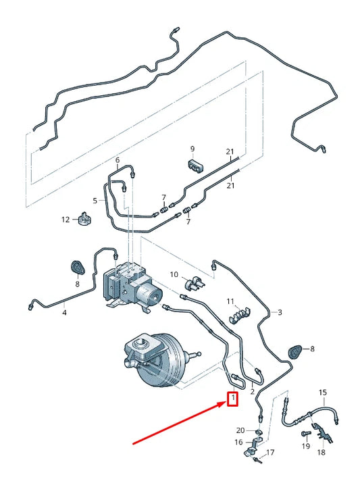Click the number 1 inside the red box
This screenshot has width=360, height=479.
(x=232, y=399)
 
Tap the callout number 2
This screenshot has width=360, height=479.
(x=252, y=392)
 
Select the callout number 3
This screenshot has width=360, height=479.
(x=280, y=312)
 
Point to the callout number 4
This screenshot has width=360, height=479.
(x=65, y=312)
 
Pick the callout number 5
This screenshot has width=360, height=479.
(x=95, y=200)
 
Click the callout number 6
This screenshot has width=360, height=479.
(x=118, y=161)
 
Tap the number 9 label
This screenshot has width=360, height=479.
(x=192, y=149)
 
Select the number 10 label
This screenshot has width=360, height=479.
(x=174, y=274)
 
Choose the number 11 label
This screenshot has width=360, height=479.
(x=230, y=301)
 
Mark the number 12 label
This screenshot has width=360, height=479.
(x=66, y=219)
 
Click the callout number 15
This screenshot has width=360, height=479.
(x=322, y=393)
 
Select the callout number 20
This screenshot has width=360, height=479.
(x=240, y=430)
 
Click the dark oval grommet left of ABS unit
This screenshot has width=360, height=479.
(x=78, y=268)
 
